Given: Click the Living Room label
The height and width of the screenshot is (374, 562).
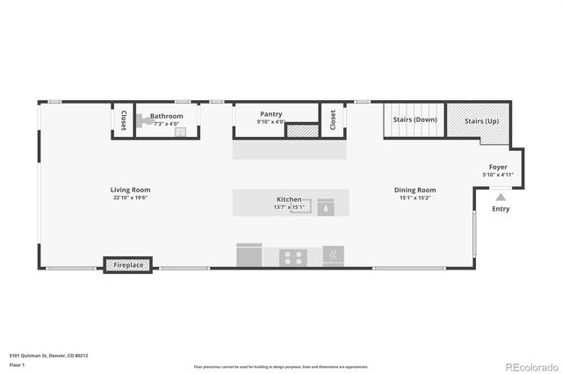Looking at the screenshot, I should pyautogui.click(x=131, y=190).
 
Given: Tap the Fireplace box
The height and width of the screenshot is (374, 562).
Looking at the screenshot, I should pyautogui.click(x=128, y=264).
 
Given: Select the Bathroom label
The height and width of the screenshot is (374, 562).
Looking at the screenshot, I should pyautogui.click(x=166, y=116).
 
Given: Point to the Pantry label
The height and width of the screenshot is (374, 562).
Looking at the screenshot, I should pyautogui.click(x=270, y=114).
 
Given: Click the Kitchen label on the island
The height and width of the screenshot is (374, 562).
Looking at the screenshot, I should pyautogui.click(x=289, y=200).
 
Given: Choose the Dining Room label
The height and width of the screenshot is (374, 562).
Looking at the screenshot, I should pyautogui.click(x=414, y=190).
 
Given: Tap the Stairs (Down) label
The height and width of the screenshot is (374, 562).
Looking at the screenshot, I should pyautogui.click(x=414, y=119).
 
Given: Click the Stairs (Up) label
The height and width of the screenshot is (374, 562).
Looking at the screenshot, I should pyautogui.click(x=481, y=119).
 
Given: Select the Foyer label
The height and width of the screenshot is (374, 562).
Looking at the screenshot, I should pyautogui.click(x=498, y=167).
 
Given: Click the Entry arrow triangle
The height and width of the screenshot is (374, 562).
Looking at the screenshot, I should pyautogui.click(x=501, y=198).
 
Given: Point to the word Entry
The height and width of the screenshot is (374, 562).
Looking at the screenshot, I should pyautogui.click(x=501, y=209).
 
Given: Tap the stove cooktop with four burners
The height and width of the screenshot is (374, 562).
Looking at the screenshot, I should pyautogui.click(x=292, y=257).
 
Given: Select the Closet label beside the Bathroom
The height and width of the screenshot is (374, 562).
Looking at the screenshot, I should pyautogui.click(x=124, y=120).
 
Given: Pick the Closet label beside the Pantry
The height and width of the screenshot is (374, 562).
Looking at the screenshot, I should pyautogui.click(x=333, y=120).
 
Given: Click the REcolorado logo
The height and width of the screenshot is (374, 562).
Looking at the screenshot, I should pyautogui.click(x=530, y=365).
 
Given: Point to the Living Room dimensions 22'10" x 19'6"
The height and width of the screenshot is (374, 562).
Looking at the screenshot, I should pyautogui.click(x=131, y=198).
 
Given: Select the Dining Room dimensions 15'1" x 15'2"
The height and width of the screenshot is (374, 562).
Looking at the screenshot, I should pyautogui.click(x=414, y=198).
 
